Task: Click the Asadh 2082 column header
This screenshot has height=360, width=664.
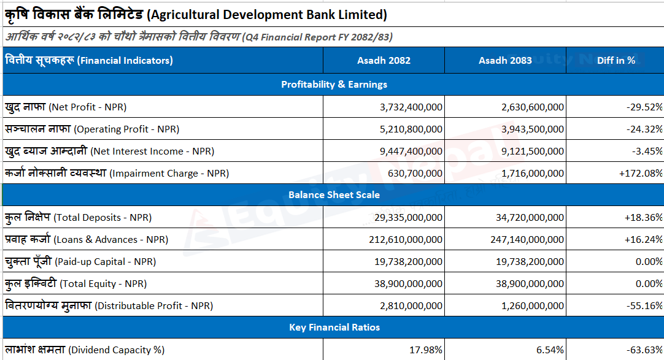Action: pos(384,61)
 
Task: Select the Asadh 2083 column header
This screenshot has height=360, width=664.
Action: pos(505,61)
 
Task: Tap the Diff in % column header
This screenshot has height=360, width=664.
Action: pos(616,61)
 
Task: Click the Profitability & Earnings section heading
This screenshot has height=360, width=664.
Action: pos(334,85)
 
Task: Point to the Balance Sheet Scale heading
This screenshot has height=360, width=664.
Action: pos(334,195)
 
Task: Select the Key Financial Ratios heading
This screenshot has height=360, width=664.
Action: pos(334,327)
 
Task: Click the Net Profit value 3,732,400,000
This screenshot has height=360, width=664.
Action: pos(411,107)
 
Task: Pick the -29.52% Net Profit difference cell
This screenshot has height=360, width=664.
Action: pos(644,107)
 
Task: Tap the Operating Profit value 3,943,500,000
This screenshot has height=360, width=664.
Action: pos(532,129)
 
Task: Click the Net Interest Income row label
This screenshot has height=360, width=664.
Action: pos(110,151)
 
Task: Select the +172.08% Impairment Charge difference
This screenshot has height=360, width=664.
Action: pos(641,173)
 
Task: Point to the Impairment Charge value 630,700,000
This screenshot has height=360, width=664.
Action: pos(415,173)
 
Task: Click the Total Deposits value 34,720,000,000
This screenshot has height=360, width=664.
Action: pos(530,218)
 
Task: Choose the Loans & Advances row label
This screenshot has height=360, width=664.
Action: pos(87,239)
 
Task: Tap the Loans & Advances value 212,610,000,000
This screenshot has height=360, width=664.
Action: pos(406,239)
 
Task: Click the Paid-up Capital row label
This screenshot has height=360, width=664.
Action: pos(80,261)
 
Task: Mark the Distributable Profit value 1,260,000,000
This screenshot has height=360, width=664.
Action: pos(532,305)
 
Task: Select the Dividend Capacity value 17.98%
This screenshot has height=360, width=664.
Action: pos(426,350)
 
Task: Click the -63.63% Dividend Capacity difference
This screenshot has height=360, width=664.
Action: pos(644,350)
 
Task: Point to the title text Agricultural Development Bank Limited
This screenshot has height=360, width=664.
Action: pos(269,15)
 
